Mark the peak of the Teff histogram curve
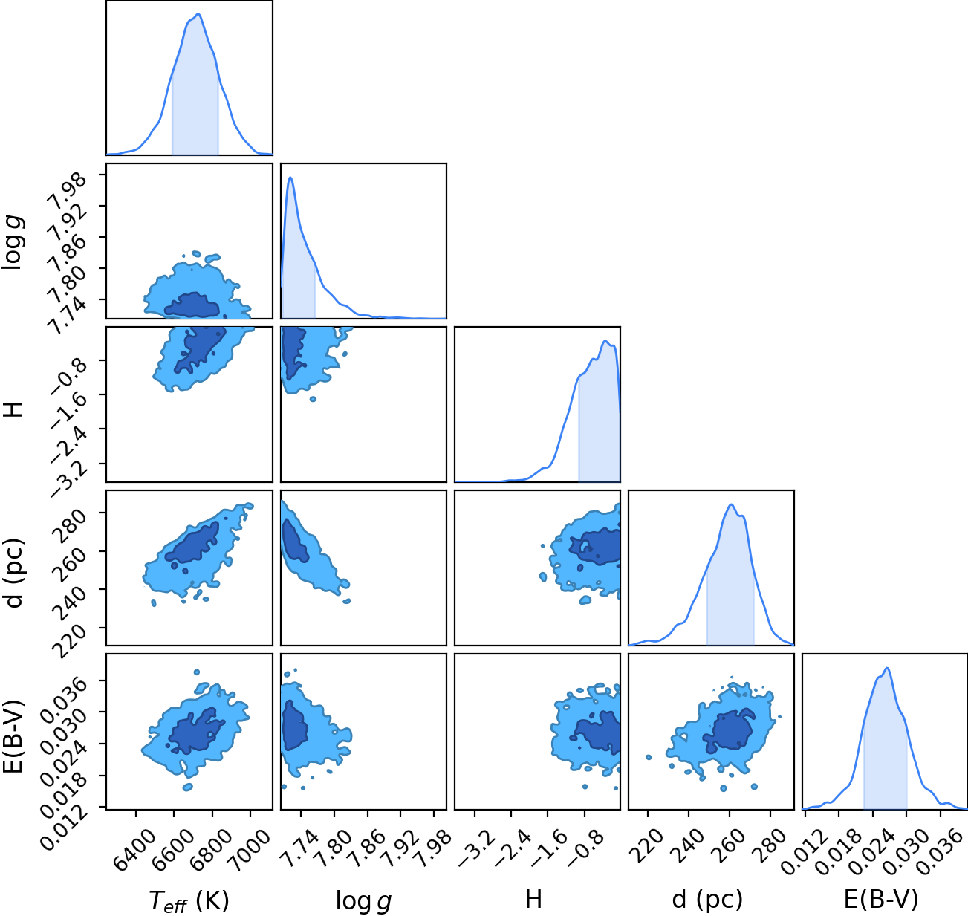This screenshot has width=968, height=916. coord(198,14)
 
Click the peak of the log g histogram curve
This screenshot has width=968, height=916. coord(290,177)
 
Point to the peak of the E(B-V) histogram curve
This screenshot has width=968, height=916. coord(887,668)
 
